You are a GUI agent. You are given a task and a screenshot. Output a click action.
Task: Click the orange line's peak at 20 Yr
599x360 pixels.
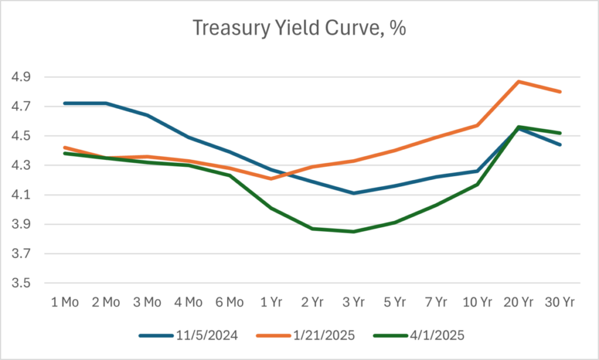point(519,81)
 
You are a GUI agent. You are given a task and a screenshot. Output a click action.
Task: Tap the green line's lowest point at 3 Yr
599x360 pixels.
point(354,231)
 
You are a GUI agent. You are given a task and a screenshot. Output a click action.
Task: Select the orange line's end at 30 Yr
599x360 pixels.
point(560,91)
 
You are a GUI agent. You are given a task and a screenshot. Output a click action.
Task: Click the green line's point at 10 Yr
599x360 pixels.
point(477,184)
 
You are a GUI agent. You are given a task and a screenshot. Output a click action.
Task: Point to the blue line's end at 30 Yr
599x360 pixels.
point(560,145)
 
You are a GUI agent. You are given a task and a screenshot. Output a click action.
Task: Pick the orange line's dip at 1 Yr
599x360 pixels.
point(271,179)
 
